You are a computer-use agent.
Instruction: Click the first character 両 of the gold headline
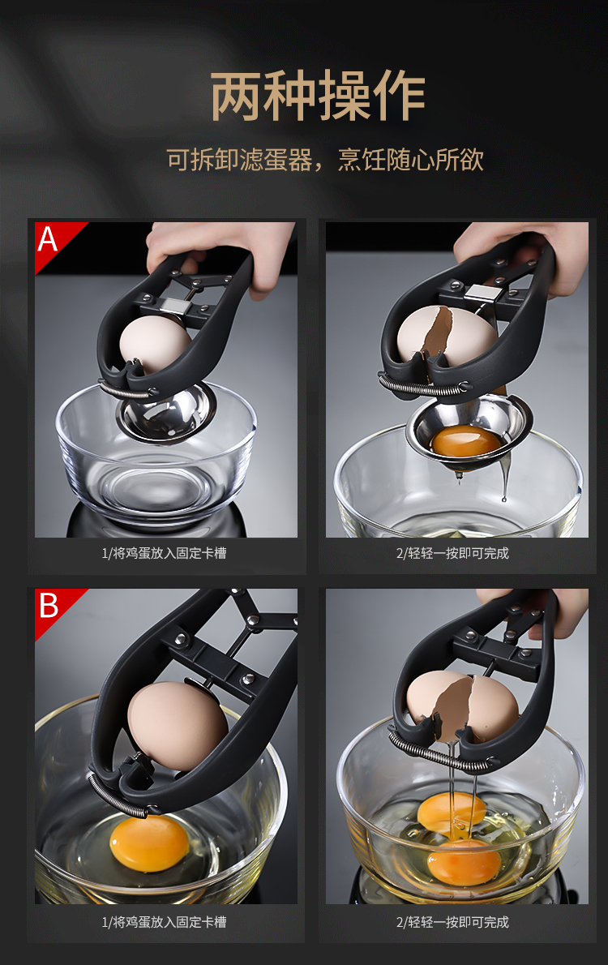coord(236,96)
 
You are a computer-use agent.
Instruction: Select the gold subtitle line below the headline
coord(325,160)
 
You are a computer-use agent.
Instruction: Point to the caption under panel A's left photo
coord(164,553)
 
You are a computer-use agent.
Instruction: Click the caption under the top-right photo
coord(452,553)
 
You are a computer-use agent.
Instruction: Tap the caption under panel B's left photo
coord(164,922)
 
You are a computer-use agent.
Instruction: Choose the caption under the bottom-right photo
coord(452,922)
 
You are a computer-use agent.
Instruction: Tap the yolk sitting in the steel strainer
coord(466,441)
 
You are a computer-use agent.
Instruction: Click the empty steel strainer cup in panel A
coord(166,412)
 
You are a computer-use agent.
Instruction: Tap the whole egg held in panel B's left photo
coord(177,727)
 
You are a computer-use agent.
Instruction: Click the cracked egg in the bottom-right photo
coord(461,705)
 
